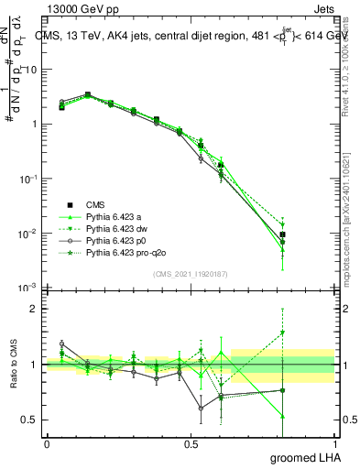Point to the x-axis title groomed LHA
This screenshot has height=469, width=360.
(303, 457)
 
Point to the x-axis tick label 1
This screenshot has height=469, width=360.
(333, 443)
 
